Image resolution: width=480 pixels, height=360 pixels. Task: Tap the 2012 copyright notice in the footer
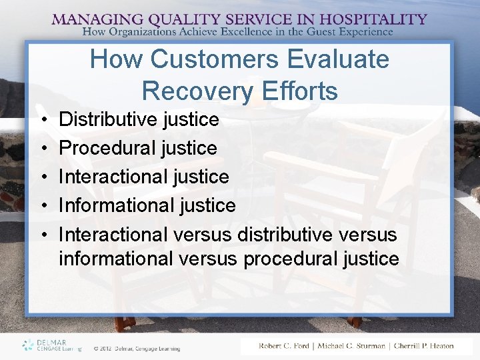(137, 347)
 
